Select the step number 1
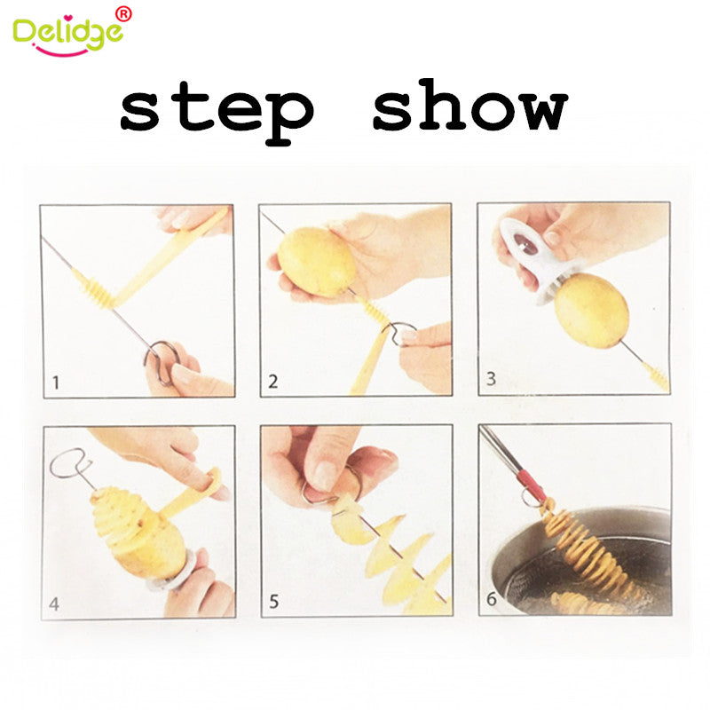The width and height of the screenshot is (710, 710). click(55, 383)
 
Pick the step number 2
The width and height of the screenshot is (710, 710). click(273, 383)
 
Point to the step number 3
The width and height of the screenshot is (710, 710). click(491, 381)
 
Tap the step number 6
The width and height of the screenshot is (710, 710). click(492, 601)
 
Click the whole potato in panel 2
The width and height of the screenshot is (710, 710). click(317, 261)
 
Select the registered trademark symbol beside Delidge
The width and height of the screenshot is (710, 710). click(123, 13)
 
